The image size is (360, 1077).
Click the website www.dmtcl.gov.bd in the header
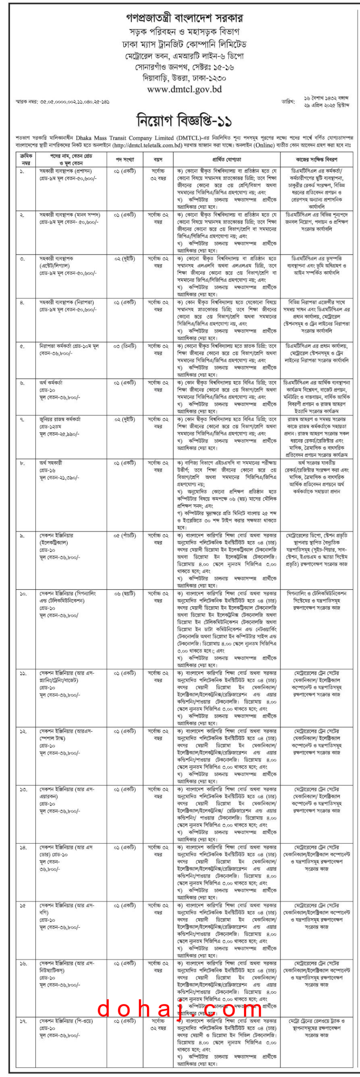184,89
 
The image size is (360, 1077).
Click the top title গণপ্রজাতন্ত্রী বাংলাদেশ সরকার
184,19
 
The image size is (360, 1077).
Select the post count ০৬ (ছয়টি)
124,594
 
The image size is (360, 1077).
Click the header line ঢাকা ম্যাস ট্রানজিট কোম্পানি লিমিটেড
184,44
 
